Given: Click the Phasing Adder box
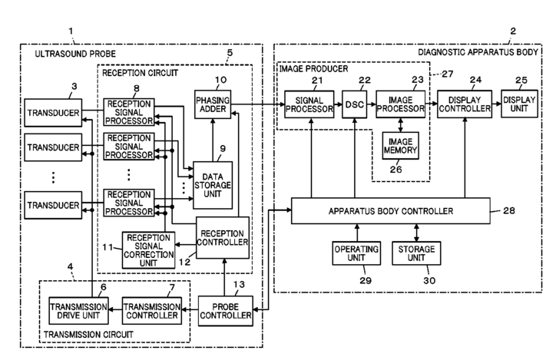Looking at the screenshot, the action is [x=213, y=104].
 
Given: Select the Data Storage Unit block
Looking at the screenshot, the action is [x=213, y=185].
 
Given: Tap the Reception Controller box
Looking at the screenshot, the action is [x=223, y=238].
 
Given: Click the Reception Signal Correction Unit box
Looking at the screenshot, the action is [x=149, y=250].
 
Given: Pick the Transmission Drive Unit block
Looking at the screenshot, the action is [x=78, y=311].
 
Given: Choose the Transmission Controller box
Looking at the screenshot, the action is [x=152, y=311].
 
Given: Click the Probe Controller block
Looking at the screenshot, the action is [x=226, y=311].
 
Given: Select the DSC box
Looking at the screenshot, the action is [x=355, y=104].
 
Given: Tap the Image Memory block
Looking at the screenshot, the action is [x=400, y=146].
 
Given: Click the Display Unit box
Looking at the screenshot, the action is [x=519, y=104].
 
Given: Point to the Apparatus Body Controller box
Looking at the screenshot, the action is [x=391, y=211].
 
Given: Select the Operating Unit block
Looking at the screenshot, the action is [x=356, y=253].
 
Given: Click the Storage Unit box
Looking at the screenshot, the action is [x=416, y=253].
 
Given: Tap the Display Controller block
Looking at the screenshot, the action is [x=465, y=104].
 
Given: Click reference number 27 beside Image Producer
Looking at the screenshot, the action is [x=448, y=74].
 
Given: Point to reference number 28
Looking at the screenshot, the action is [x=508, y=210].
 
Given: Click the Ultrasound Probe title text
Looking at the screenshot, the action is [x=75, y=54].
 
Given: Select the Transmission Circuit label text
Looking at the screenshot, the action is [x=88, y=335].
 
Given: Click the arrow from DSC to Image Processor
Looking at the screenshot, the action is [x=372, y=104].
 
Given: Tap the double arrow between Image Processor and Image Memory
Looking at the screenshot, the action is [x=400, y=125].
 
